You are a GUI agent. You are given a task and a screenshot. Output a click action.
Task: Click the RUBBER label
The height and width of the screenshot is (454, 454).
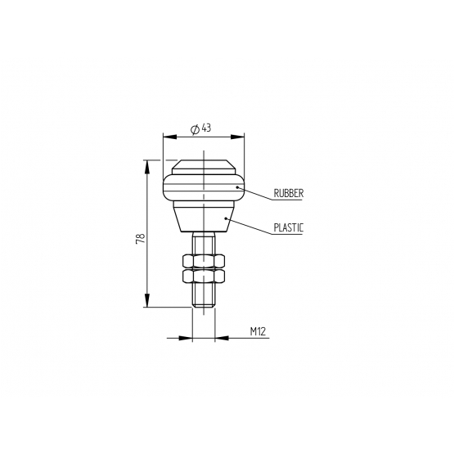click(289, 193)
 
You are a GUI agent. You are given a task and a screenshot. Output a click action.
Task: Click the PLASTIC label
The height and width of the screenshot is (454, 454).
click(289, 228)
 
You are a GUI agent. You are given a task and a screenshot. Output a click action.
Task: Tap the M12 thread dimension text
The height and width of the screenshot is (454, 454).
click(258, 331)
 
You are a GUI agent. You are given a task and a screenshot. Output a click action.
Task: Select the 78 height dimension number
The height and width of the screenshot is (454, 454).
click(141, 238)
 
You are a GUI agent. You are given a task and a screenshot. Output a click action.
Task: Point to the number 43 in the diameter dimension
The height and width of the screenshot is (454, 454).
click(206, 128)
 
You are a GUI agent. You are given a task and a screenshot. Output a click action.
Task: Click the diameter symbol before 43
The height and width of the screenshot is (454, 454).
click(195, 129)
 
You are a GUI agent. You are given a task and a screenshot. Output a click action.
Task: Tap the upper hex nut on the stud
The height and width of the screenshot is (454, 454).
click(204, 261)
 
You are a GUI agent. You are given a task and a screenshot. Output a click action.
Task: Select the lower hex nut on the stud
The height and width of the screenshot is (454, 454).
click(204, 276)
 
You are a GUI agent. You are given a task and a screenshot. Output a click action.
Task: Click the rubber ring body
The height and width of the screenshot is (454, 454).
click(204, 187)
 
